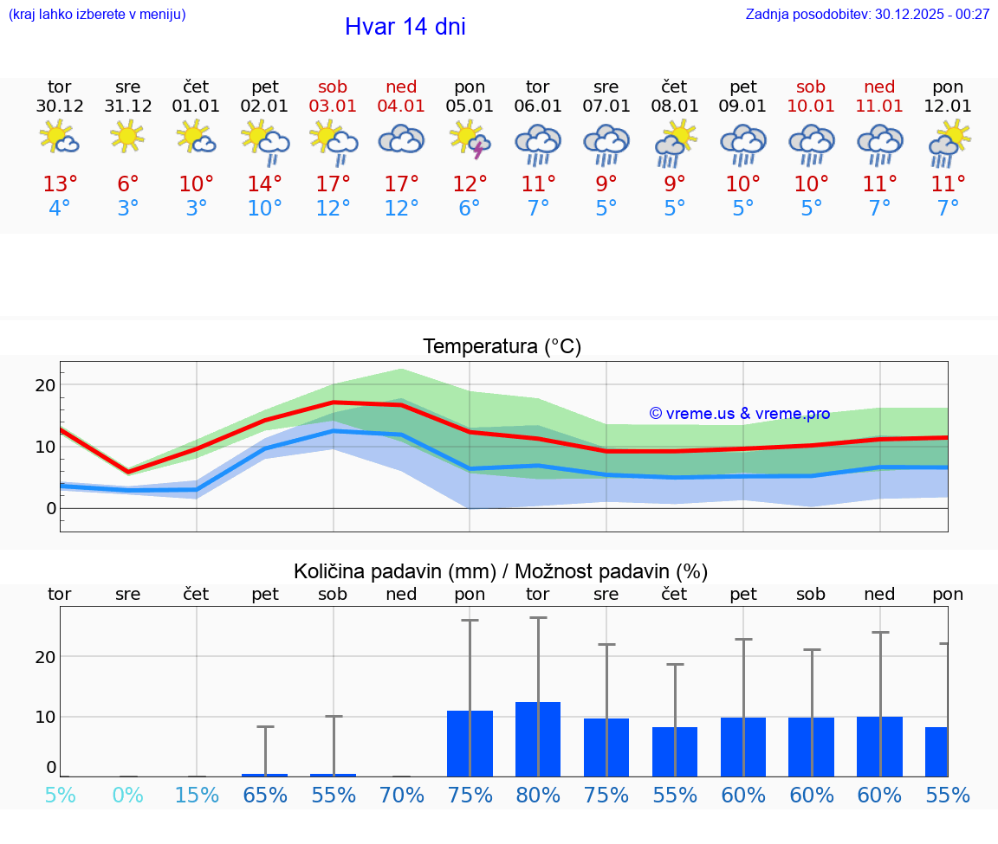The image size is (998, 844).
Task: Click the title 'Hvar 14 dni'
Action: [x=405, y=27]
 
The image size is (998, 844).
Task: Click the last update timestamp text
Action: [x=867, y=14]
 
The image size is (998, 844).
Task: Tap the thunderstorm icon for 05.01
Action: [x=470, y=139]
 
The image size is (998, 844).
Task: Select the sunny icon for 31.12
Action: [x=127, y=137]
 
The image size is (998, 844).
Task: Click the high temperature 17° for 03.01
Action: [x=333, y=184]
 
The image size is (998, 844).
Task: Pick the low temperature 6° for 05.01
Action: [x=470, y=209]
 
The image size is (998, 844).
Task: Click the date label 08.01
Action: [x=675, y=106]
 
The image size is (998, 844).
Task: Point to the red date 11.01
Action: [x=879, y=106]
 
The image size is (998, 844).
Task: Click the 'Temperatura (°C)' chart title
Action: [x=502, y=347]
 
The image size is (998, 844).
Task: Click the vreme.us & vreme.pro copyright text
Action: [x=739, y=414]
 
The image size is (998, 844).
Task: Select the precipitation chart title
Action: [x=500, y=571]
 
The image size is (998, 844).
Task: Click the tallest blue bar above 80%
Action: [x=538, y=739]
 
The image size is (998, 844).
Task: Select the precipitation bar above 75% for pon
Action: [x=470, y=744]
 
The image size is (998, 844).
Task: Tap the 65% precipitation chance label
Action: [x=265, y=796]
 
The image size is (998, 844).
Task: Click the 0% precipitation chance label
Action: [x=127, y=796]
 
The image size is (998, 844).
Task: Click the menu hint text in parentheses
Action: [x=97, y=14]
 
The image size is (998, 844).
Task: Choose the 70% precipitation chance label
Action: [x=402, y=796]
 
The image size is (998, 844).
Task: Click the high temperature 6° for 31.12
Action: [x=127, y=184]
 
